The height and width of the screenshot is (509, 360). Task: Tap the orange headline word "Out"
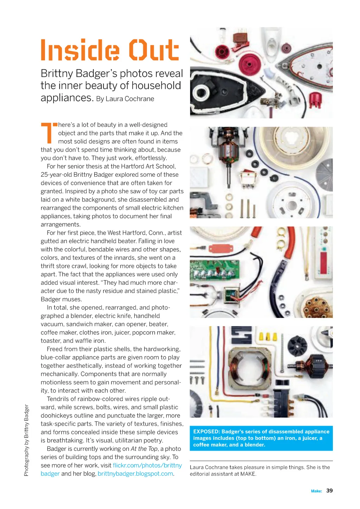(154, 50)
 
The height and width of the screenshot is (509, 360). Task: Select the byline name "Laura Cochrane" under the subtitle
(130, 99)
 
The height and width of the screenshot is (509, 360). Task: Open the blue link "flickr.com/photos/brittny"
(147, 465)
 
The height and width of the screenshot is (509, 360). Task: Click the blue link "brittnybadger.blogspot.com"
(135, 474)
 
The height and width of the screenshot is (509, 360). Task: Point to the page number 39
(329, 491)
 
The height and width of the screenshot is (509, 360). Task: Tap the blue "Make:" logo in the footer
(316, 491)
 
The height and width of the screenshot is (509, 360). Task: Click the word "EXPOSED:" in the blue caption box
(206, 432)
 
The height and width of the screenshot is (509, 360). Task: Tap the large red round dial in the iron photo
(250, 65)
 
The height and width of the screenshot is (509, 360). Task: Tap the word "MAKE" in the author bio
(248, 474)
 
